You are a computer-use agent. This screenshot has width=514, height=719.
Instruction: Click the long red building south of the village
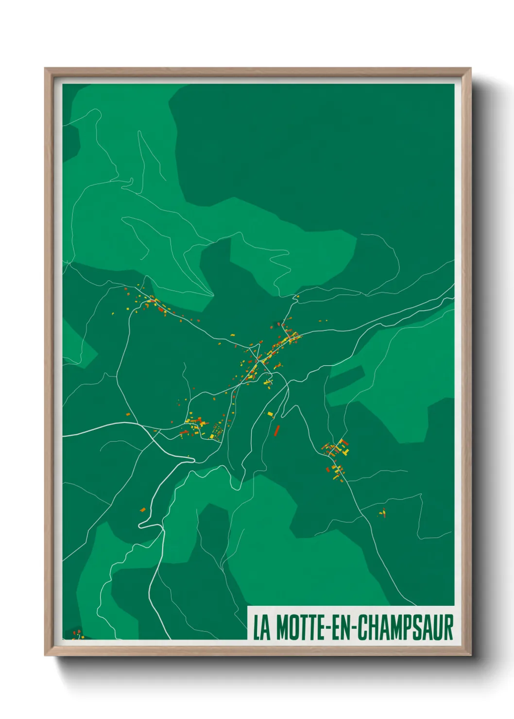[x=277, y=430]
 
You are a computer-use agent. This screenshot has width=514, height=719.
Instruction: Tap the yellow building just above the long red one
[x=270, y=414]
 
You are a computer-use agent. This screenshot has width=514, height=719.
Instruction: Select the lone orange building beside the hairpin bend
[x=143, y=509]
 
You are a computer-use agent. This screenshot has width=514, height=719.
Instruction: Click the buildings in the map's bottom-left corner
[x=76, y=633]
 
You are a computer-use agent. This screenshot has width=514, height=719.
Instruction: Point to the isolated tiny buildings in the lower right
[x=383, y=513]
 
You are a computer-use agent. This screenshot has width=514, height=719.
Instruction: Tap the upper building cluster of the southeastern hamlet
[x=337, y=447]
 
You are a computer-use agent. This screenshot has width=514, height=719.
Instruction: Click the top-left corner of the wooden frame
[x=45, y=68]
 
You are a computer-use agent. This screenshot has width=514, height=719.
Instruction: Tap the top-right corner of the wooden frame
[x=470, y=68]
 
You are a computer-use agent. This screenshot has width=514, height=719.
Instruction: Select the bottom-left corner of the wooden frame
[x=45, y=655]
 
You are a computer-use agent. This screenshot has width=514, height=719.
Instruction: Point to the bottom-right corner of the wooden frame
[x=470, y=655]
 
